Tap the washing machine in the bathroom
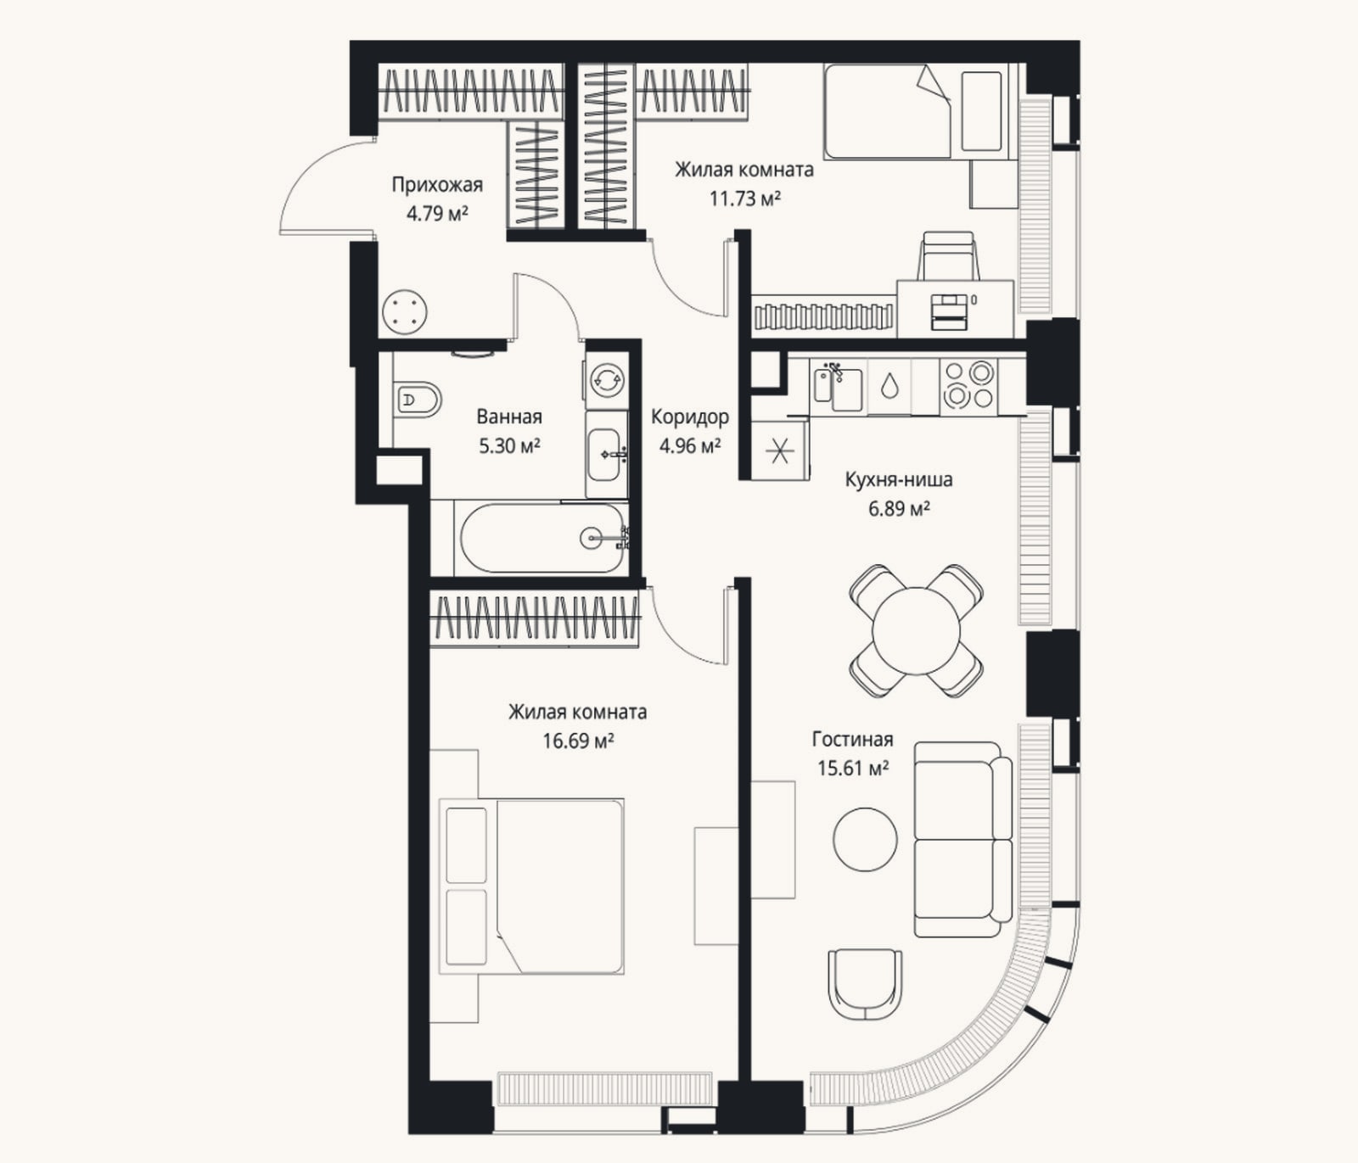click(606, 379)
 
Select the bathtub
click(542, 538)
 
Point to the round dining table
click(917, 631)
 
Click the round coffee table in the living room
click(865, 838)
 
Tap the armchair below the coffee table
click(865, 984)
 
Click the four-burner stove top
click(969, 385)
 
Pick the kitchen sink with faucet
click(838, 387)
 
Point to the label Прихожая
click(437, 185)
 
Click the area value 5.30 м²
click(510, 445)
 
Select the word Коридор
click(690, 417)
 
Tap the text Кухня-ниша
click(899, 479)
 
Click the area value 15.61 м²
click(853, 769)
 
